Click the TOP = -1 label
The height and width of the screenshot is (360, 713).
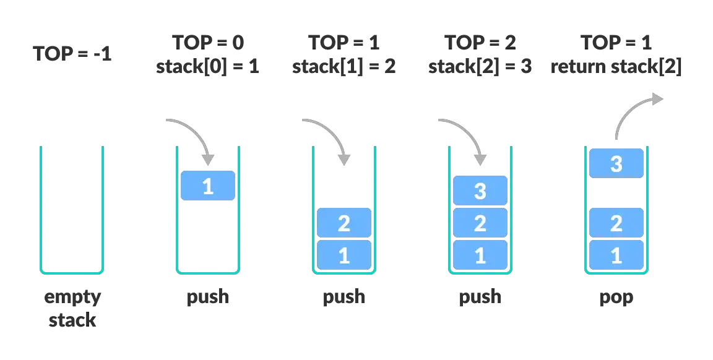click(x=72, y=54)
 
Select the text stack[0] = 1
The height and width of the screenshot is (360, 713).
click(x=207, y=66)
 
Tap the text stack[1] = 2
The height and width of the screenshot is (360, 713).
click(x=344, y=66)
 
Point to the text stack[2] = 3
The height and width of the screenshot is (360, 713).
click(x=480, y=66)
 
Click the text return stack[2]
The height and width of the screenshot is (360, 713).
click(x=616, y=66)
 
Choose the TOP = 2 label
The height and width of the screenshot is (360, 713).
click(x=480, y=43)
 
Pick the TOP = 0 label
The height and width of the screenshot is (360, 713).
click(x=208, y=43)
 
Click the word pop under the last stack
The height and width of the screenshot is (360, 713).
click(x=616, y=298)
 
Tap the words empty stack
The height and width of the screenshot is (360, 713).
click(x=72, y=308)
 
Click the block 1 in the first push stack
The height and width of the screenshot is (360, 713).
click(x=208, y=186)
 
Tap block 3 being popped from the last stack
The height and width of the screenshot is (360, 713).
click(x=616, y=163)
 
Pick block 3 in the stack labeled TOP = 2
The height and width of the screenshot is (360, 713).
click(x=480, y=191)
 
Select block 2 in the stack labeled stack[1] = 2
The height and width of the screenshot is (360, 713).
click(x=344, y=223)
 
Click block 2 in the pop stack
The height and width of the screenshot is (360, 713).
click(x=616, y=223)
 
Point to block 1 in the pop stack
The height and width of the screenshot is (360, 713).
click(x=616, y=255)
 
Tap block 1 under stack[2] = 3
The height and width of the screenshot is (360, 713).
click(x=480, y=255)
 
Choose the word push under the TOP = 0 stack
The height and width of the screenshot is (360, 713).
click(x=208, y=297)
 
